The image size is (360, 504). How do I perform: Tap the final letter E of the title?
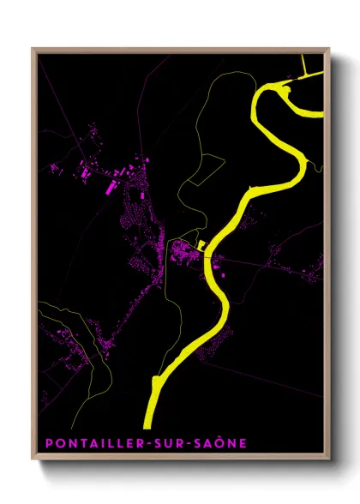pos(243,443)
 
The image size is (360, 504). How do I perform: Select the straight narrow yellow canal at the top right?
pos(306,69)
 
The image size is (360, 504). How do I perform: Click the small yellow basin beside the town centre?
pos(201,244)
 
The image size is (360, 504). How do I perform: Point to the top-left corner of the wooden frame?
pos(33,48)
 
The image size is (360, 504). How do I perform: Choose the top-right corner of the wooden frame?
pos(330,48)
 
